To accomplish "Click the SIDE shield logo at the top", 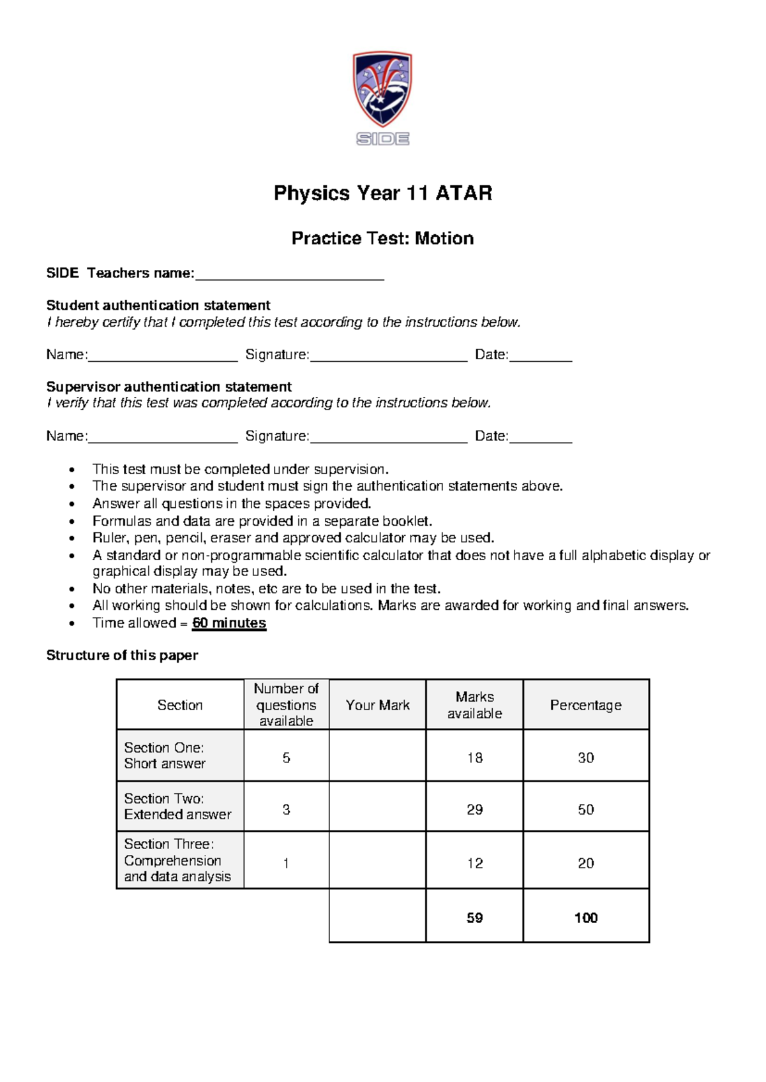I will pos(382,97).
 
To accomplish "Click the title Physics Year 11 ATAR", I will pos(382,193).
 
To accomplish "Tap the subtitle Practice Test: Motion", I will pos(382,239).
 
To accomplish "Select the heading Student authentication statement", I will pos(158,306).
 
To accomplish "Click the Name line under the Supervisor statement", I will pos(162,439).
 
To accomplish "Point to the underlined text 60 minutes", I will pos(229,623).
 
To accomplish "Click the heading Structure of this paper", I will pos(122,656).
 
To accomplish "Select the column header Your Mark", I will pos(377,705).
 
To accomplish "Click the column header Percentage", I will pos(585,705).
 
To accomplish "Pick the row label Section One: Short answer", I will pos(165,755).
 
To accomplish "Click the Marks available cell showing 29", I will pos(474,810).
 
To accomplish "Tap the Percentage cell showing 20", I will pos(585,863).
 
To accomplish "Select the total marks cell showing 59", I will pos(474,918).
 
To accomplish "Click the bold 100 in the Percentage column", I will pos(585,918).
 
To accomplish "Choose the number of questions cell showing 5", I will pos(286,758).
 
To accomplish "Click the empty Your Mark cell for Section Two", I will pos(377,807).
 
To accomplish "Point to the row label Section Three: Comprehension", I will pos(172,860).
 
